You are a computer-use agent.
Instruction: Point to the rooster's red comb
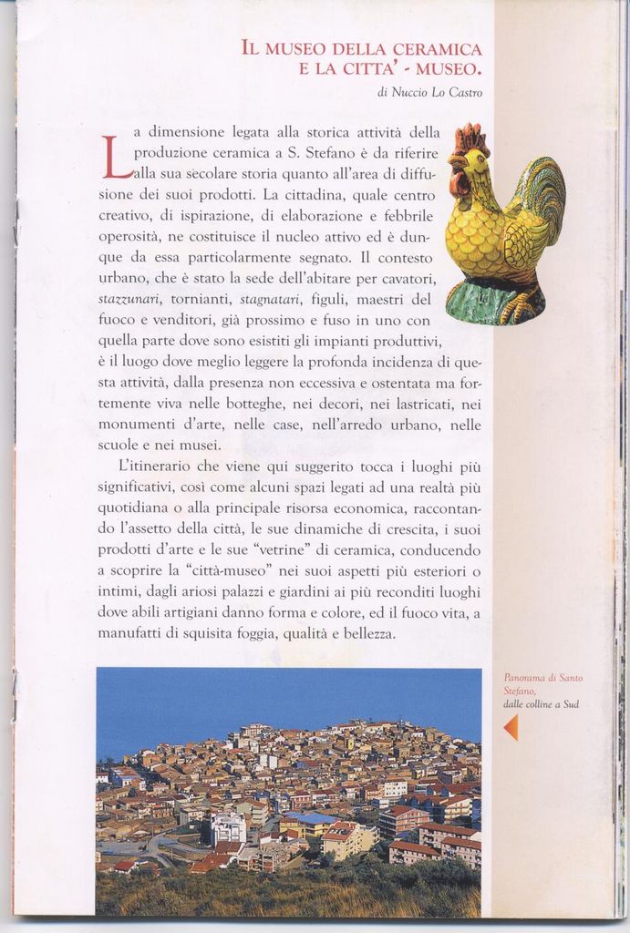[470, 138]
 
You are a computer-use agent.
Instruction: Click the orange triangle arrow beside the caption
[511, 727]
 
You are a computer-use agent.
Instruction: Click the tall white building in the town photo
[228, 828]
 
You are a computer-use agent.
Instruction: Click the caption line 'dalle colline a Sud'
[542, 703]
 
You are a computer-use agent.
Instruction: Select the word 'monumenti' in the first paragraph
[136, 425]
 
